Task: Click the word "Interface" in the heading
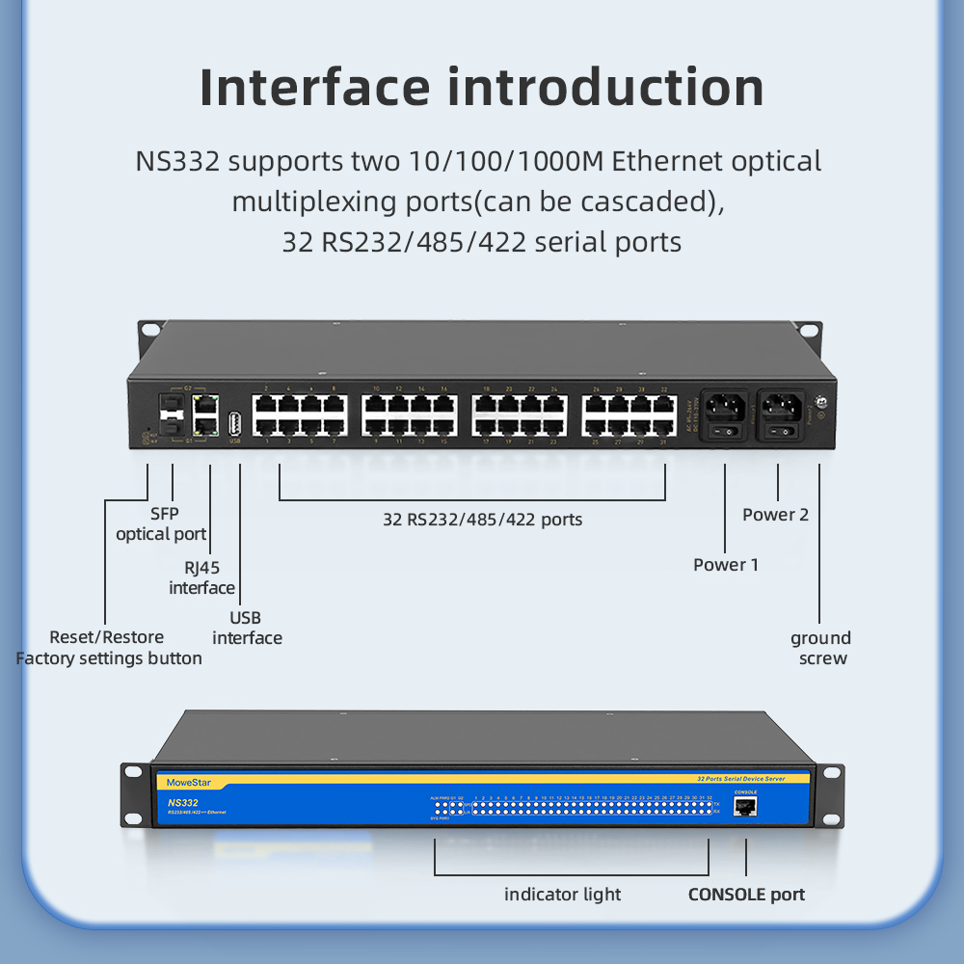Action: coord(314,87)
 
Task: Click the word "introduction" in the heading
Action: coord(606,87)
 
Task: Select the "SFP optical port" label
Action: coord(162,524)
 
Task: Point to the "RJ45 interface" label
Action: coord(202,577)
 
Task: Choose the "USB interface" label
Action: coord(247,628)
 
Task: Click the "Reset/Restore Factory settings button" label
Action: coord(108,648)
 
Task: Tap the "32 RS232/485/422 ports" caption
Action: coord(482,520)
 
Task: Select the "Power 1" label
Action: coord(726,564)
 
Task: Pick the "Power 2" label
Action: coord(775,514)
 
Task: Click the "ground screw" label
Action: coord(821,648)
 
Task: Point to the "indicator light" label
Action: coord(563,895)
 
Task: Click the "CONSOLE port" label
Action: coord(746,895)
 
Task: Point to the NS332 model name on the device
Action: coord(182,802)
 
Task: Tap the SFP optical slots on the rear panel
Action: coord(171,415)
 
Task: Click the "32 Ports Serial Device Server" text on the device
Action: coord(740,777)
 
